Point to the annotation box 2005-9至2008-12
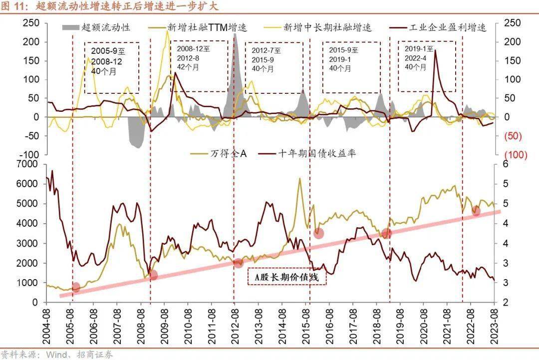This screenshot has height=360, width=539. tap(111, 67)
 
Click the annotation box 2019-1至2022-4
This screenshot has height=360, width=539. tap(427, 66)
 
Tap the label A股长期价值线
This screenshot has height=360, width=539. tap(286, 277)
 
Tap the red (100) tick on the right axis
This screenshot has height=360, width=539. tap(516, 155)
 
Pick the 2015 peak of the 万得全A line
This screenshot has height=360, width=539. tap(299, 178)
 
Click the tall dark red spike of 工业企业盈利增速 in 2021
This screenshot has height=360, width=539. tap(435, 50)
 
